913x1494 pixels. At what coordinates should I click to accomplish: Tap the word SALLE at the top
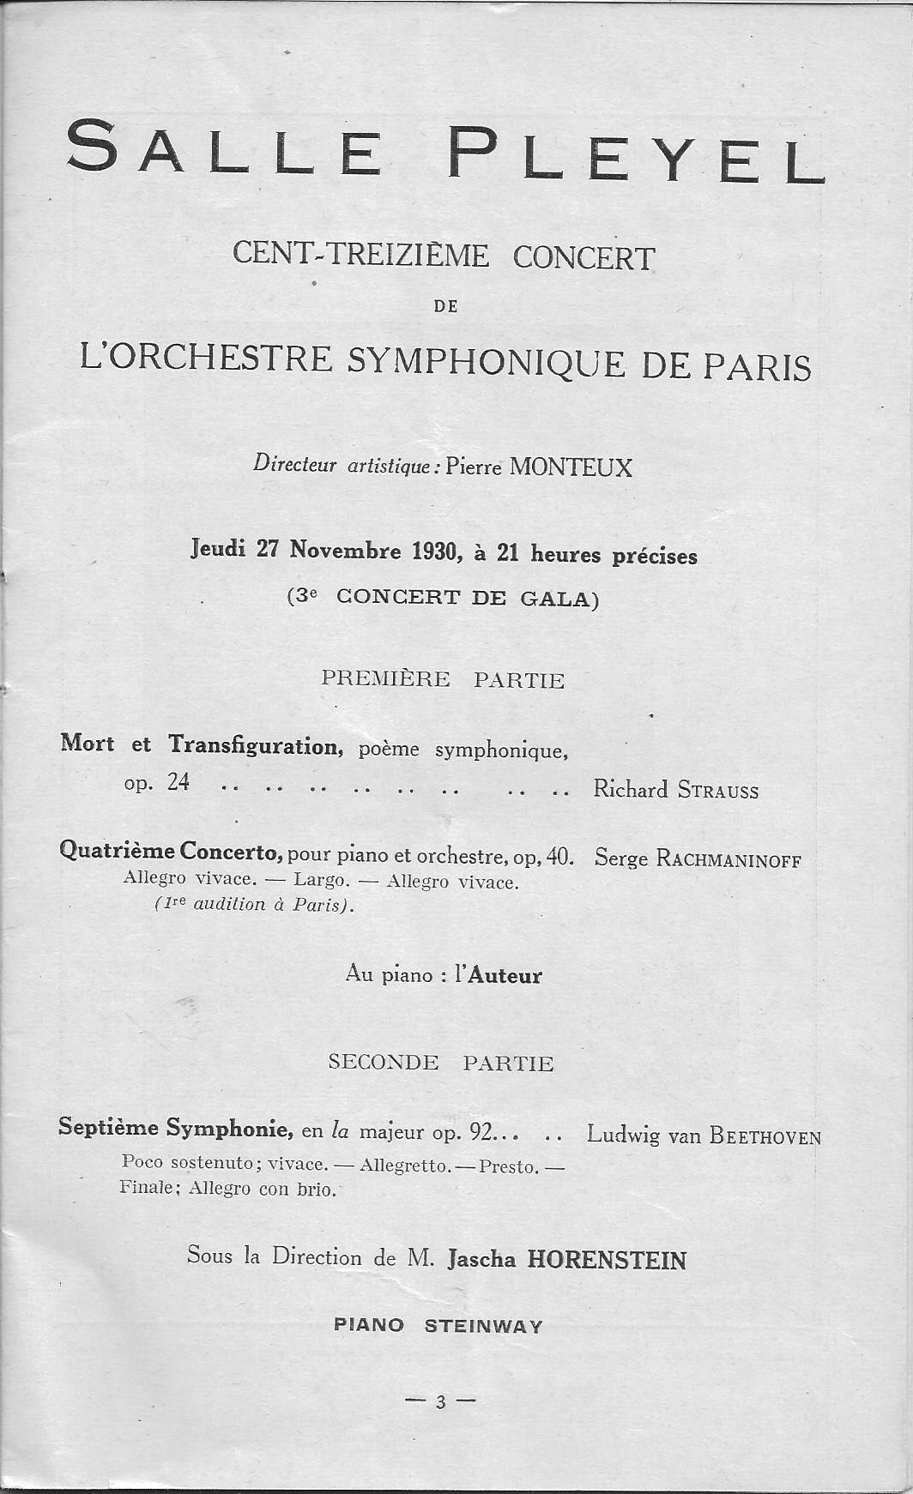(224, 148)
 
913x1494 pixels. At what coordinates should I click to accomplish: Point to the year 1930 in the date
(432, 552)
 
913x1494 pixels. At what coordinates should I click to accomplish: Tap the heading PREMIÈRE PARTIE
(443, 680)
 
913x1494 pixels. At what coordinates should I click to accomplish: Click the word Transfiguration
(256, 745)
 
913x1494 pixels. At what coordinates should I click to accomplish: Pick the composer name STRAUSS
(717, 791)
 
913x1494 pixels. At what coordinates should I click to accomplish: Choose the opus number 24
(178, 783)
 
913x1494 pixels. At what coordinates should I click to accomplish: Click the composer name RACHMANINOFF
(728, 858)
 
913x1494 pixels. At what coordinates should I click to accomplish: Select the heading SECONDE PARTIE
(441, 1063)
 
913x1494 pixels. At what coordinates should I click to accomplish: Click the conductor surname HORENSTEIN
(606, 1260)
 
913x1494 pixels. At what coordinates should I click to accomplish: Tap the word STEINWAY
(484, 1326)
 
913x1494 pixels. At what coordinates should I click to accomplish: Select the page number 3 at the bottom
(441, 1403)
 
